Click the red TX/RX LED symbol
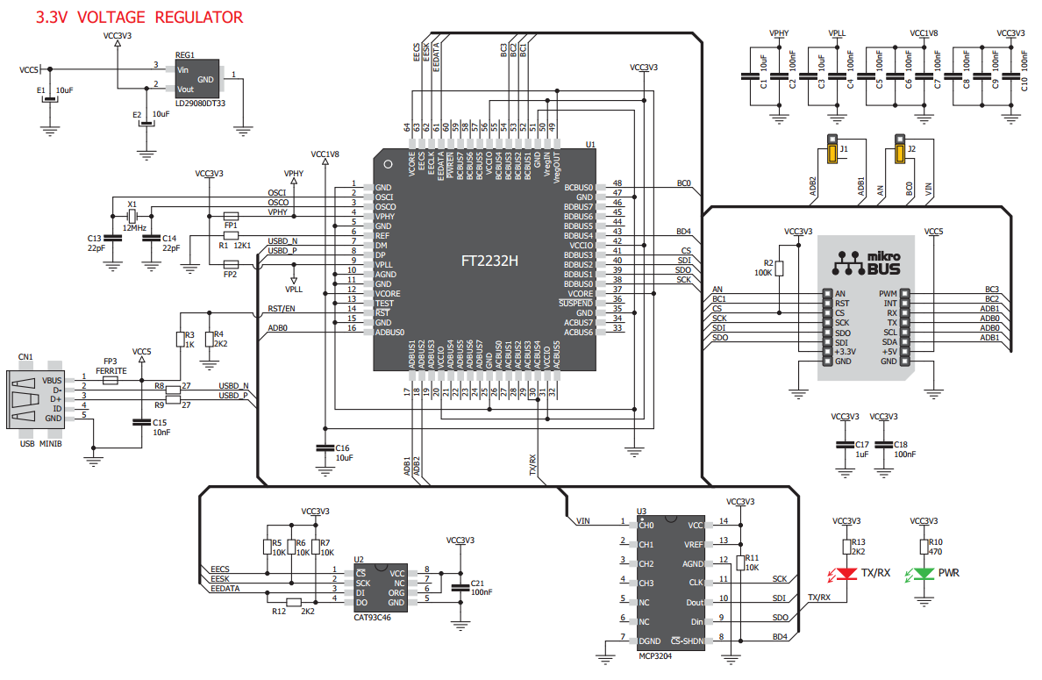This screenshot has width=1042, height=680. point(846,574)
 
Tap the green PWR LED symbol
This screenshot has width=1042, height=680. point(924,574)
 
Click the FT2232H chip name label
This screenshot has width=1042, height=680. point(489,261)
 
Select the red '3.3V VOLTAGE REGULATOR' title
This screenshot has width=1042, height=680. point(139,18)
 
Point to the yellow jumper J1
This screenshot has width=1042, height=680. point(832,149)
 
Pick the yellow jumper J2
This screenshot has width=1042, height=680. point(900,149)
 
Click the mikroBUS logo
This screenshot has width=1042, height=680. point(867,263)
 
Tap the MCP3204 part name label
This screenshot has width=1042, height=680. point(655,656)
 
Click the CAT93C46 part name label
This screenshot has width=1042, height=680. point(372,618)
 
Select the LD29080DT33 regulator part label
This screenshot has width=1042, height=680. point(200,104)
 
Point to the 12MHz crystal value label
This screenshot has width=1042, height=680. point(134,228)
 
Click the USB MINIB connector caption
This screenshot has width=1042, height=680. point(40,443)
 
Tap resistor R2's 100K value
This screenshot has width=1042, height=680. point(763,273)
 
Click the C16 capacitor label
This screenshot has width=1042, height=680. point(342,448)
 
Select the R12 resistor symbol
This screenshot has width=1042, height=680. point(293,602)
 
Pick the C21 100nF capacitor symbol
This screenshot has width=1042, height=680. point(460,588)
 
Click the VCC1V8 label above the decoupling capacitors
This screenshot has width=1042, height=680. point(924,33)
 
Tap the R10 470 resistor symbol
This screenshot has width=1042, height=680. point(924,547)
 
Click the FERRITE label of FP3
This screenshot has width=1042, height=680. point(111,371)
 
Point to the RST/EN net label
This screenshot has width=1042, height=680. point(281,309)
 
